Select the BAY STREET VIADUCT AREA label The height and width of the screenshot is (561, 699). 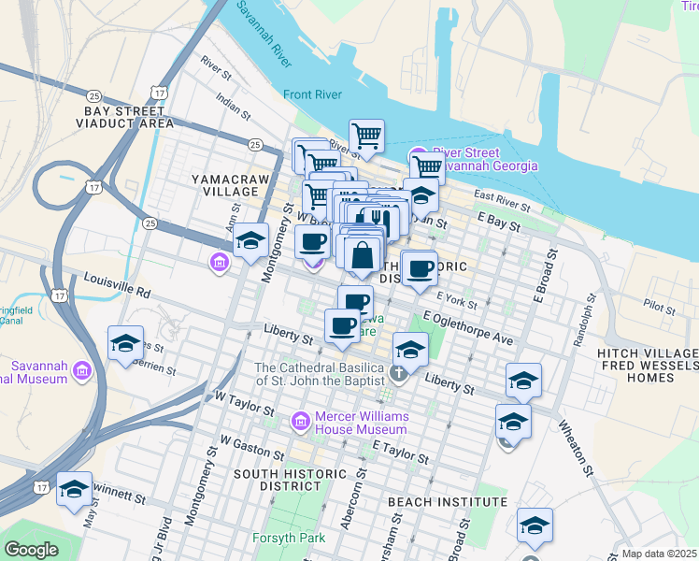click(x=128, y=116)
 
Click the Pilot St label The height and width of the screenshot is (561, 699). click(x=658, y=305)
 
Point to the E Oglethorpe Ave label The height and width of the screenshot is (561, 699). click(x=467, y=327)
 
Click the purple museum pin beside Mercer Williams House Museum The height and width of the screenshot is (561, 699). click(x=301, y=422)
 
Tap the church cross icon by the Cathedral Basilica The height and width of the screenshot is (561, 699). click(x=398, y=374)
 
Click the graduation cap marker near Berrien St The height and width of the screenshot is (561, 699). click(x=125, y=343)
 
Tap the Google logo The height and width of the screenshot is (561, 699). click(x=31, y=550)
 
